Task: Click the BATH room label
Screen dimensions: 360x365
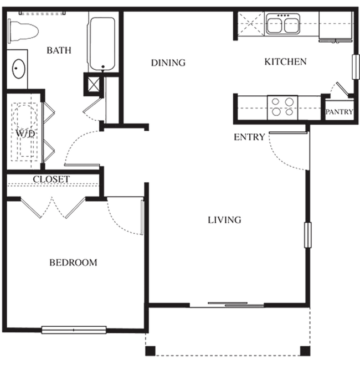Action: [x=59, y=50]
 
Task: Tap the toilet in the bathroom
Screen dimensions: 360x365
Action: [x=23, y=31]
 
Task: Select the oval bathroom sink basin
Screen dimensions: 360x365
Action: [x=18, y=69]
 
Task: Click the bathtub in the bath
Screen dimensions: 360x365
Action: [x=102, y=44]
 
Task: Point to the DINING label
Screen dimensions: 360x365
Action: [x=168, y=63]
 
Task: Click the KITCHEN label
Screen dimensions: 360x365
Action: [x=286, y=61]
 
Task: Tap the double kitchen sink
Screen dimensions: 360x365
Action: [x=283, y=24]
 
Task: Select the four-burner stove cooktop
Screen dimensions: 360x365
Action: [x=282, y=107]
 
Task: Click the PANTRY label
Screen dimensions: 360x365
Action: [x=340, y=112]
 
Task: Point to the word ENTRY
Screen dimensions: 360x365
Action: [x=249, y=137]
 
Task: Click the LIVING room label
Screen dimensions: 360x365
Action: [x=224, y=220]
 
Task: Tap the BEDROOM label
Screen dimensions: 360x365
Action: [x=73, y=263]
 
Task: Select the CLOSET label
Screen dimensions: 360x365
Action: [x=51, y=179]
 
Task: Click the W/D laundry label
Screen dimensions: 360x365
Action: [x=25, y=134]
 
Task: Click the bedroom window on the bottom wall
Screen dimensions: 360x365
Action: [x=74, y=330]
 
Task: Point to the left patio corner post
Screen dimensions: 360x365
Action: [x=150, y=351]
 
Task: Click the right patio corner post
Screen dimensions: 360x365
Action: [x=305, y=351]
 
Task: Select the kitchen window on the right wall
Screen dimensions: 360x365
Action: [x=356, y=67]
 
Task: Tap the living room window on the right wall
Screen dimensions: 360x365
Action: [x=308, y=235]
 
